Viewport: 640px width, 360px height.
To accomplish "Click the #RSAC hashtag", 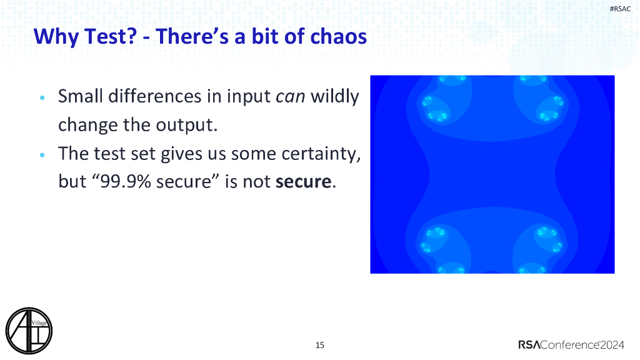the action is tap(620, 9).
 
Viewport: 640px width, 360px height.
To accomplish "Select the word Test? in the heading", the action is tap(111, 36).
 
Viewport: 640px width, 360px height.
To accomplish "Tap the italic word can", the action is tap(290, 97).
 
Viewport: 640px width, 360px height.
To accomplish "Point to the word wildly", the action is tap(335, 97).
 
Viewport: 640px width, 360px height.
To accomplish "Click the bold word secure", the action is tap(303, 182).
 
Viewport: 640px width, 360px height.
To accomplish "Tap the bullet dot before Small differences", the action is tap(42, 97).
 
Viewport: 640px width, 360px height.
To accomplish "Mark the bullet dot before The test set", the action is tap(42, 155).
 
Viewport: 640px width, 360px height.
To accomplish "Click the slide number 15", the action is tap(320, 345).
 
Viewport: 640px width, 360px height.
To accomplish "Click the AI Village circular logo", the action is tap(29, 331).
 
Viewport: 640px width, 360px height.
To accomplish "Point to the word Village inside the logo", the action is tap(39, 323).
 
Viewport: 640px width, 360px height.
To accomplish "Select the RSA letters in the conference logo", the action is tap(529, 345).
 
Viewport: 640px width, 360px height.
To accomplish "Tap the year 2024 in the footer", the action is tap(612, 345).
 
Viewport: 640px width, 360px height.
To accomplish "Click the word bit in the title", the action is tap(265, 36).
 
